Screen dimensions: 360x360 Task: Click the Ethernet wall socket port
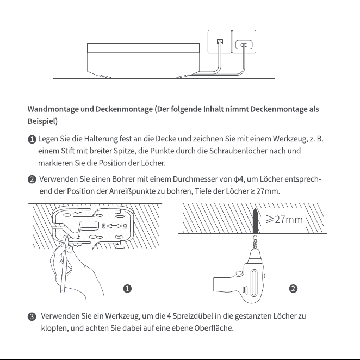pos(220,41)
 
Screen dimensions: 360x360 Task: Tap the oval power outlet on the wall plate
pos(244,44)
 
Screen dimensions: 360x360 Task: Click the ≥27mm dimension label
pos(284,220)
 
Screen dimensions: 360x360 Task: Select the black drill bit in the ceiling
pos(255,221)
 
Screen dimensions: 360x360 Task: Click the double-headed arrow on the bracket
pos(115,226)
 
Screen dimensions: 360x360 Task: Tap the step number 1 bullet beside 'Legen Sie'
pos(32,139)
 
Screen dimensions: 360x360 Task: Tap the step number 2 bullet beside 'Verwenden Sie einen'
pos(32,179)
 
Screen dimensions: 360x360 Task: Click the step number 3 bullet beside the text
pos(32,316)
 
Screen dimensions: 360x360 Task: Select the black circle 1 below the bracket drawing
pos(127,288)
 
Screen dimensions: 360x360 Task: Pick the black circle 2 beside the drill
pos(293,288)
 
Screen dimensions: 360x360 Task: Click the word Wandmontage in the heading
pos(53,109)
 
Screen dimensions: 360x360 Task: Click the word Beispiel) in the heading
pos(43,121)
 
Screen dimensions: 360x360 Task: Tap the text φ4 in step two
pos(238,179)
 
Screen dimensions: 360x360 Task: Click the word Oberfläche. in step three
pos(214,328)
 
